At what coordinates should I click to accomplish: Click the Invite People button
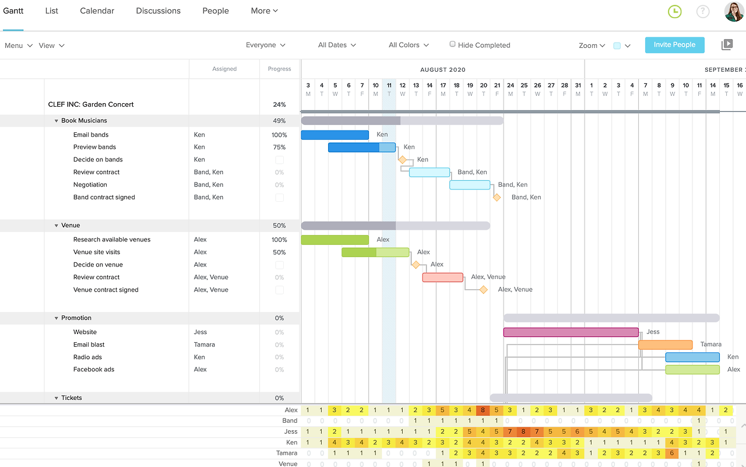coord(674,45)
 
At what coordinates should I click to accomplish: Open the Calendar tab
coord(97,11)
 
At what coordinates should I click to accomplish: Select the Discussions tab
coord(158,11)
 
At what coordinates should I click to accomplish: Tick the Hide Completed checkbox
coord(452,44)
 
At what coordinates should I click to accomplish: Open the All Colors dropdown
coord(409,45)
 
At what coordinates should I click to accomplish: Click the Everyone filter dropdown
coord(265,45)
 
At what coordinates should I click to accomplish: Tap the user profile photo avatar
coord(734,11)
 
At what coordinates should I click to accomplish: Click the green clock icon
coord(674,11)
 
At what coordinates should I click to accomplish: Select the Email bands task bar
coord(335,135)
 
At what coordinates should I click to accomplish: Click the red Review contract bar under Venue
coord(443,278)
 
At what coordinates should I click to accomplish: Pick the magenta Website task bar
coord(571,332)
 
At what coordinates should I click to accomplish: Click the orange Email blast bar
coord(665,345)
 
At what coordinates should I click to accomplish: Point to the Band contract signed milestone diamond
coord(497,198)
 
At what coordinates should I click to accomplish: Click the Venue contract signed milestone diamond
coord(483,290)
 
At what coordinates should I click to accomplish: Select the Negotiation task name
coord(90,185)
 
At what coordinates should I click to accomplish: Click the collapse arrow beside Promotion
coord(57,318)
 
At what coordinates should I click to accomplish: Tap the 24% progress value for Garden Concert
coord(279,105)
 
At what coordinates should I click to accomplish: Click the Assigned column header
coord(224,69)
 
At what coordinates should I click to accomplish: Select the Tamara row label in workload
coord(287,453)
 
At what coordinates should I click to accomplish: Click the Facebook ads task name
coord(94,370)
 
